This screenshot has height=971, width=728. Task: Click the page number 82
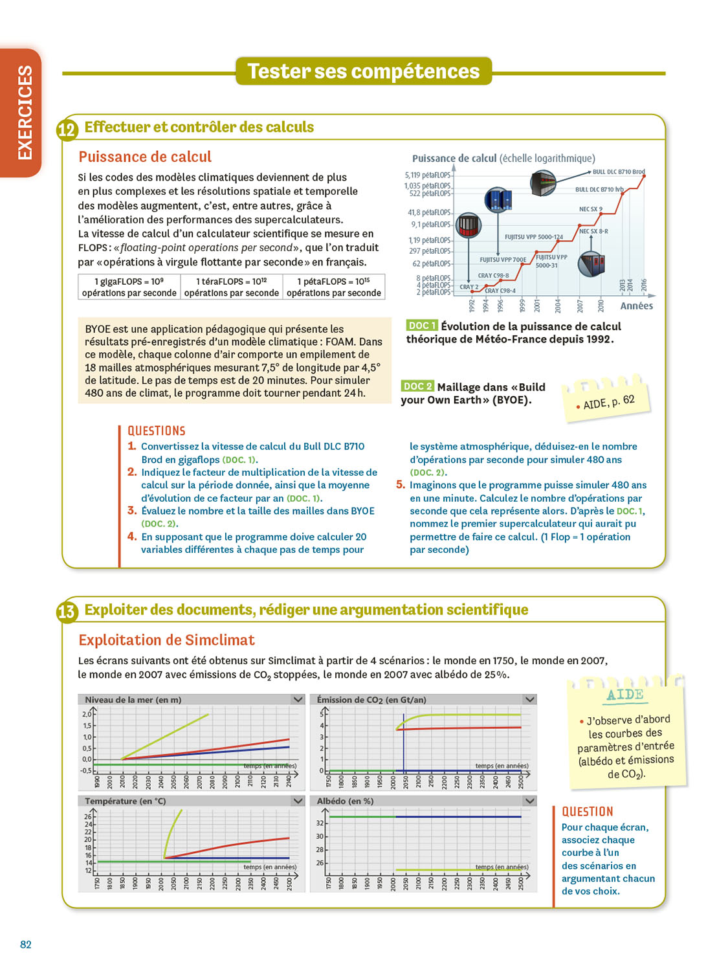[26, 944]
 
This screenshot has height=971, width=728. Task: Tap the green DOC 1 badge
[421, 326]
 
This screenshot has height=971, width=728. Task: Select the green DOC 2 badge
[417, 386]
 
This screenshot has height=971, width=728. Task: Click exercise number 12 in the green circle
[67, 130]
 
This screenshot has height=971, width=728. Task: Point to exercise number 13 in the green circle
[67, 612]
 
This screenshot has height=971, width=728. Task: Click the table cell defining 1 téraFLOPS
[231, 287]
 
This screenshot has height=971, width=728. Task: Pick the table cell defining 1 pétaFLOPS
[333, 287]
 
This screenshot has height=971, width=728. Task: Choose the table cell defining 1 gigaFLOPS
[129, 287]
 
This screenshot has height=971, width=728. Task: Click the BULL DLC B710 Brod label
[619, 172]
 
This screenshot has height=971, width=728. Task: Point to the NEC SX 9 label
[590, 209]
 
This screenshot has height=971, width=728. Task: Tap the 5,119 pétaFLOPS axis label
[428, 175]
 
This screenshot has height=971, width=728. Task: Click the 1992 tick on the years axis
[472, 306]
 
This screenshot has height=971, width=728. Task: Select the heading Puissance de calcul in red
[145, 157]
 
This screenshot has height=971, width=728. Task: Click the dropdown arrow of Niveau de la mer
[298, 700]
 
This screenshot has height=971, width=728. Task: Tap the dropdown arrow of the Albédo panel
[529, 801]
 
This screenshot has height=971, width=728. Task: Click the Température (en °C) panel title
[126, 801]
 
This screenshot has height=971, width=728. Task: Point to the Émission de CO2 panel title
[371, 700]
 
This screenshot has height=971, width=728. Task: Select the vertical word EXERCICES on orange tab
[25, 112]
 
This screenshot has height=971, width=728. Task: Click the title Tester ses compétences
[364, 71]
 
